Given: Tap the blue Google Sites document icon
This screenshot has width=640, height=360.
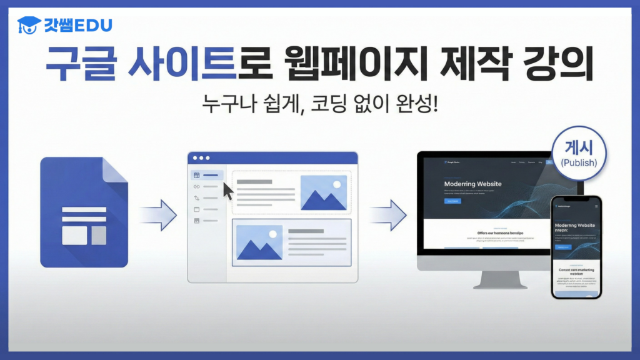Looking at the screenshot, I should tap(84, 212).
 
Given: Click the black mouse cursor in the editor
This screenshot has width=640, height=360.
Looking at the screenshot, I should tap(228, 191).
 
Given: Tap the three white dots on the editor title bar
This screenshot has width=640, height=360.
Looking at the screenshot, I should tap(201, 158).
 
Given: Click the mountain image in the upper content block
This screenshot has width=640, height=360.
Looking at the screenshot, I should tap(323, 192).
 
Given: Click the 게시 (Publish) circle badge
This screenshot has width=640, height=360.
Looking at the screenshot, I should tap(579, 154).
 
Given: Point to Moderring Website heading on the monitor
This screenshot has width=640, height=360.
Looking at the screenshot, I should tap(472, 184).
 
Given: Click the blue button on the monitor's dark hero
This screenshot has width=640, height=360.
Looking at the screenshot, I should tap(452, 201).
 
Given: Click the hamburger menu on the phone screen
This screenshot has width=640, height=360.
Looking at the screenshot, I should tap(596, 206).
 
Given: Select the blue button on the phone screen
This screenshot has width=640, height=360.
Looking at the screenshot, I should tap(564, 247).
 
